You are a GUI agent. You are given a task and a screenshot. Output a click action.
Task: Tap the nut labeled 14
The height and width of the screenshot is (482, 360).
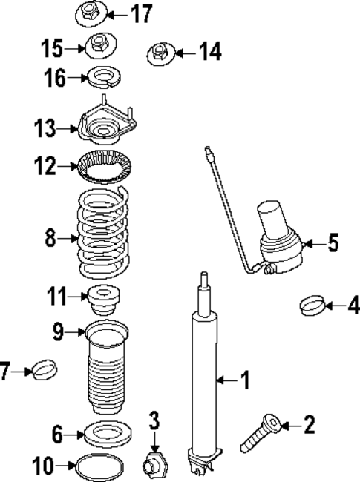click(158, 53)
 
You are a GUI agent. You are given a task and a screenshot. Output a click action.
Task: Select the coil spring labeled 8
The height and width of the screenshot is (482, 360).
click(103, 233)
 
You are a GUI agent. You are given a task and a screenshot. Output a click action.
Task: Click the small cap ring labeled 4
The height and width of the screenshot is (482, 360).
click(312, 304)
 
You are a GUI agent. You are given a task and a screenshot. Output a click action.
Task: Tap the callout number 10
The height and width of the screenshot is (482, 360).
click(43, 466)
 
